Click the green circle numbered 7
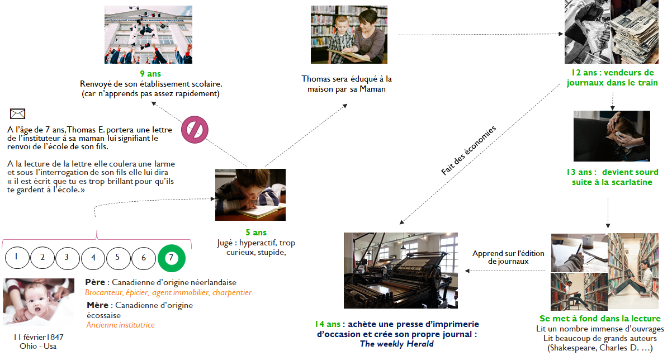172,258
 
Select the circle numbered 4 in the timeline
93,258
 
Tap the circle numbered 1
17,258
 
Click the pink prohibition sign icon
194,130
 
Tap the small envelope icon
17,113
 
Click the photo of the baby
39,301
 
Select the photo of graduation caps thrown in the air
148,35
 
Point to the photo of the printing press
400,271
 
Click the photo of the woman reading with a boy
349,35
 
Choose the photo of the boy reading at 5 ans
250,195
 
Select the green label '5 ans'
256,233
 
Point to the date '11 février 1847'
38,337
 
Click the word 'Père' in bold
97,282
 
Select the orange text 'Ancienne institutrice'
120,325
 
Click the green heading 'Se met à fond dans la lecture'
600,318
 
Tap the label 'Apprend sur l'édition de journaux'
508,257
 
